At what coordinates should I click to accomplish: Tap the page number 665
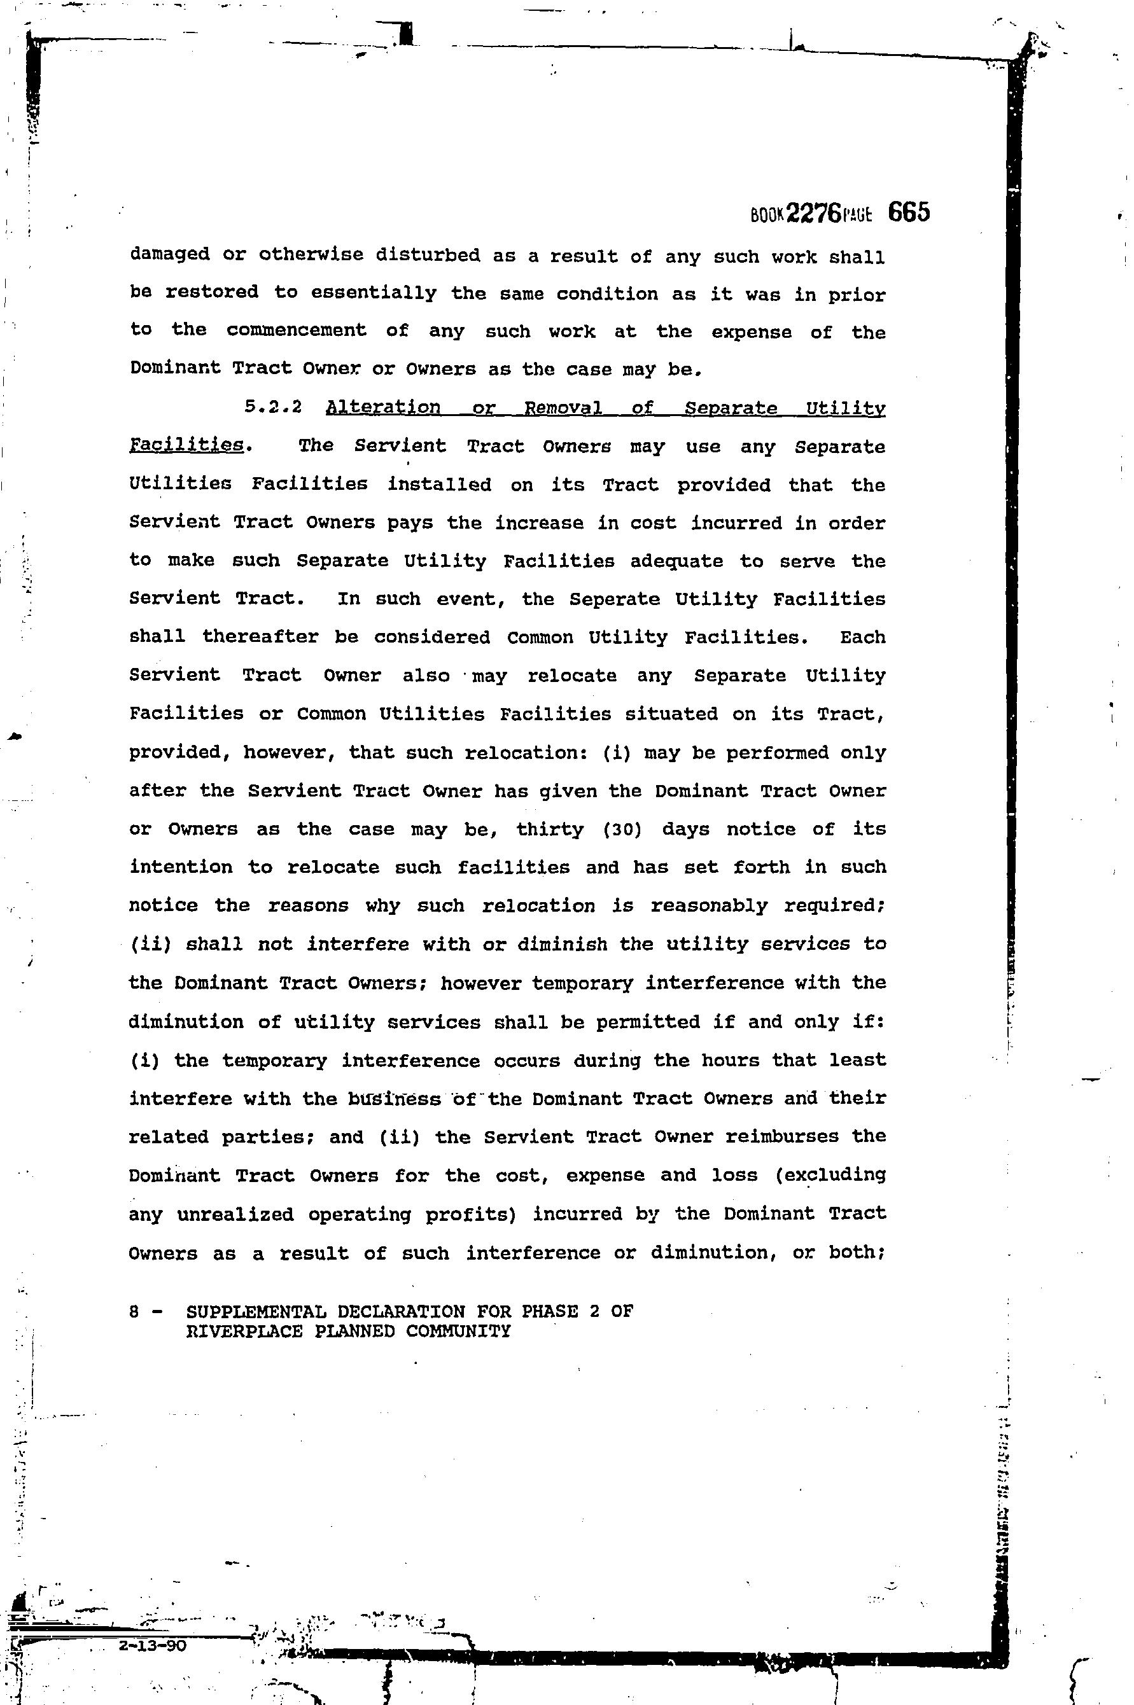[x=908, y=212]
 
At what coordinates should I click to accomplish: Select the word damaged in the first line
[x=170, y=255]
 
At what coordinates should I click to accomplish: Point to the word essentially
[x=374, y=293]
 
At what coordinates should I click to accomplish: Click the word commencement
[x=297, y=331]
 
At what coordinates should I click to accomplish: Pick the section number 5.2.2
[x=272, y=407]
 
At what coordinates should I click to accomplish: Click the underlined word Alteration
[x=382, y=407]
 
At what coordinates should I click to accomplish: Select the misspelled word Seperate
[x=614, y=599]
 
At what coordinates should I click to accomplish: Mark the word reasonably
[x=709, y=906]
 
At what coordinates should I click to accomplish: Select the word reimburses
[x=782, y=1136]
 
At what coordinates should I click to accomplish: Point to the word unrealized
[x=235, y=1214]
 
